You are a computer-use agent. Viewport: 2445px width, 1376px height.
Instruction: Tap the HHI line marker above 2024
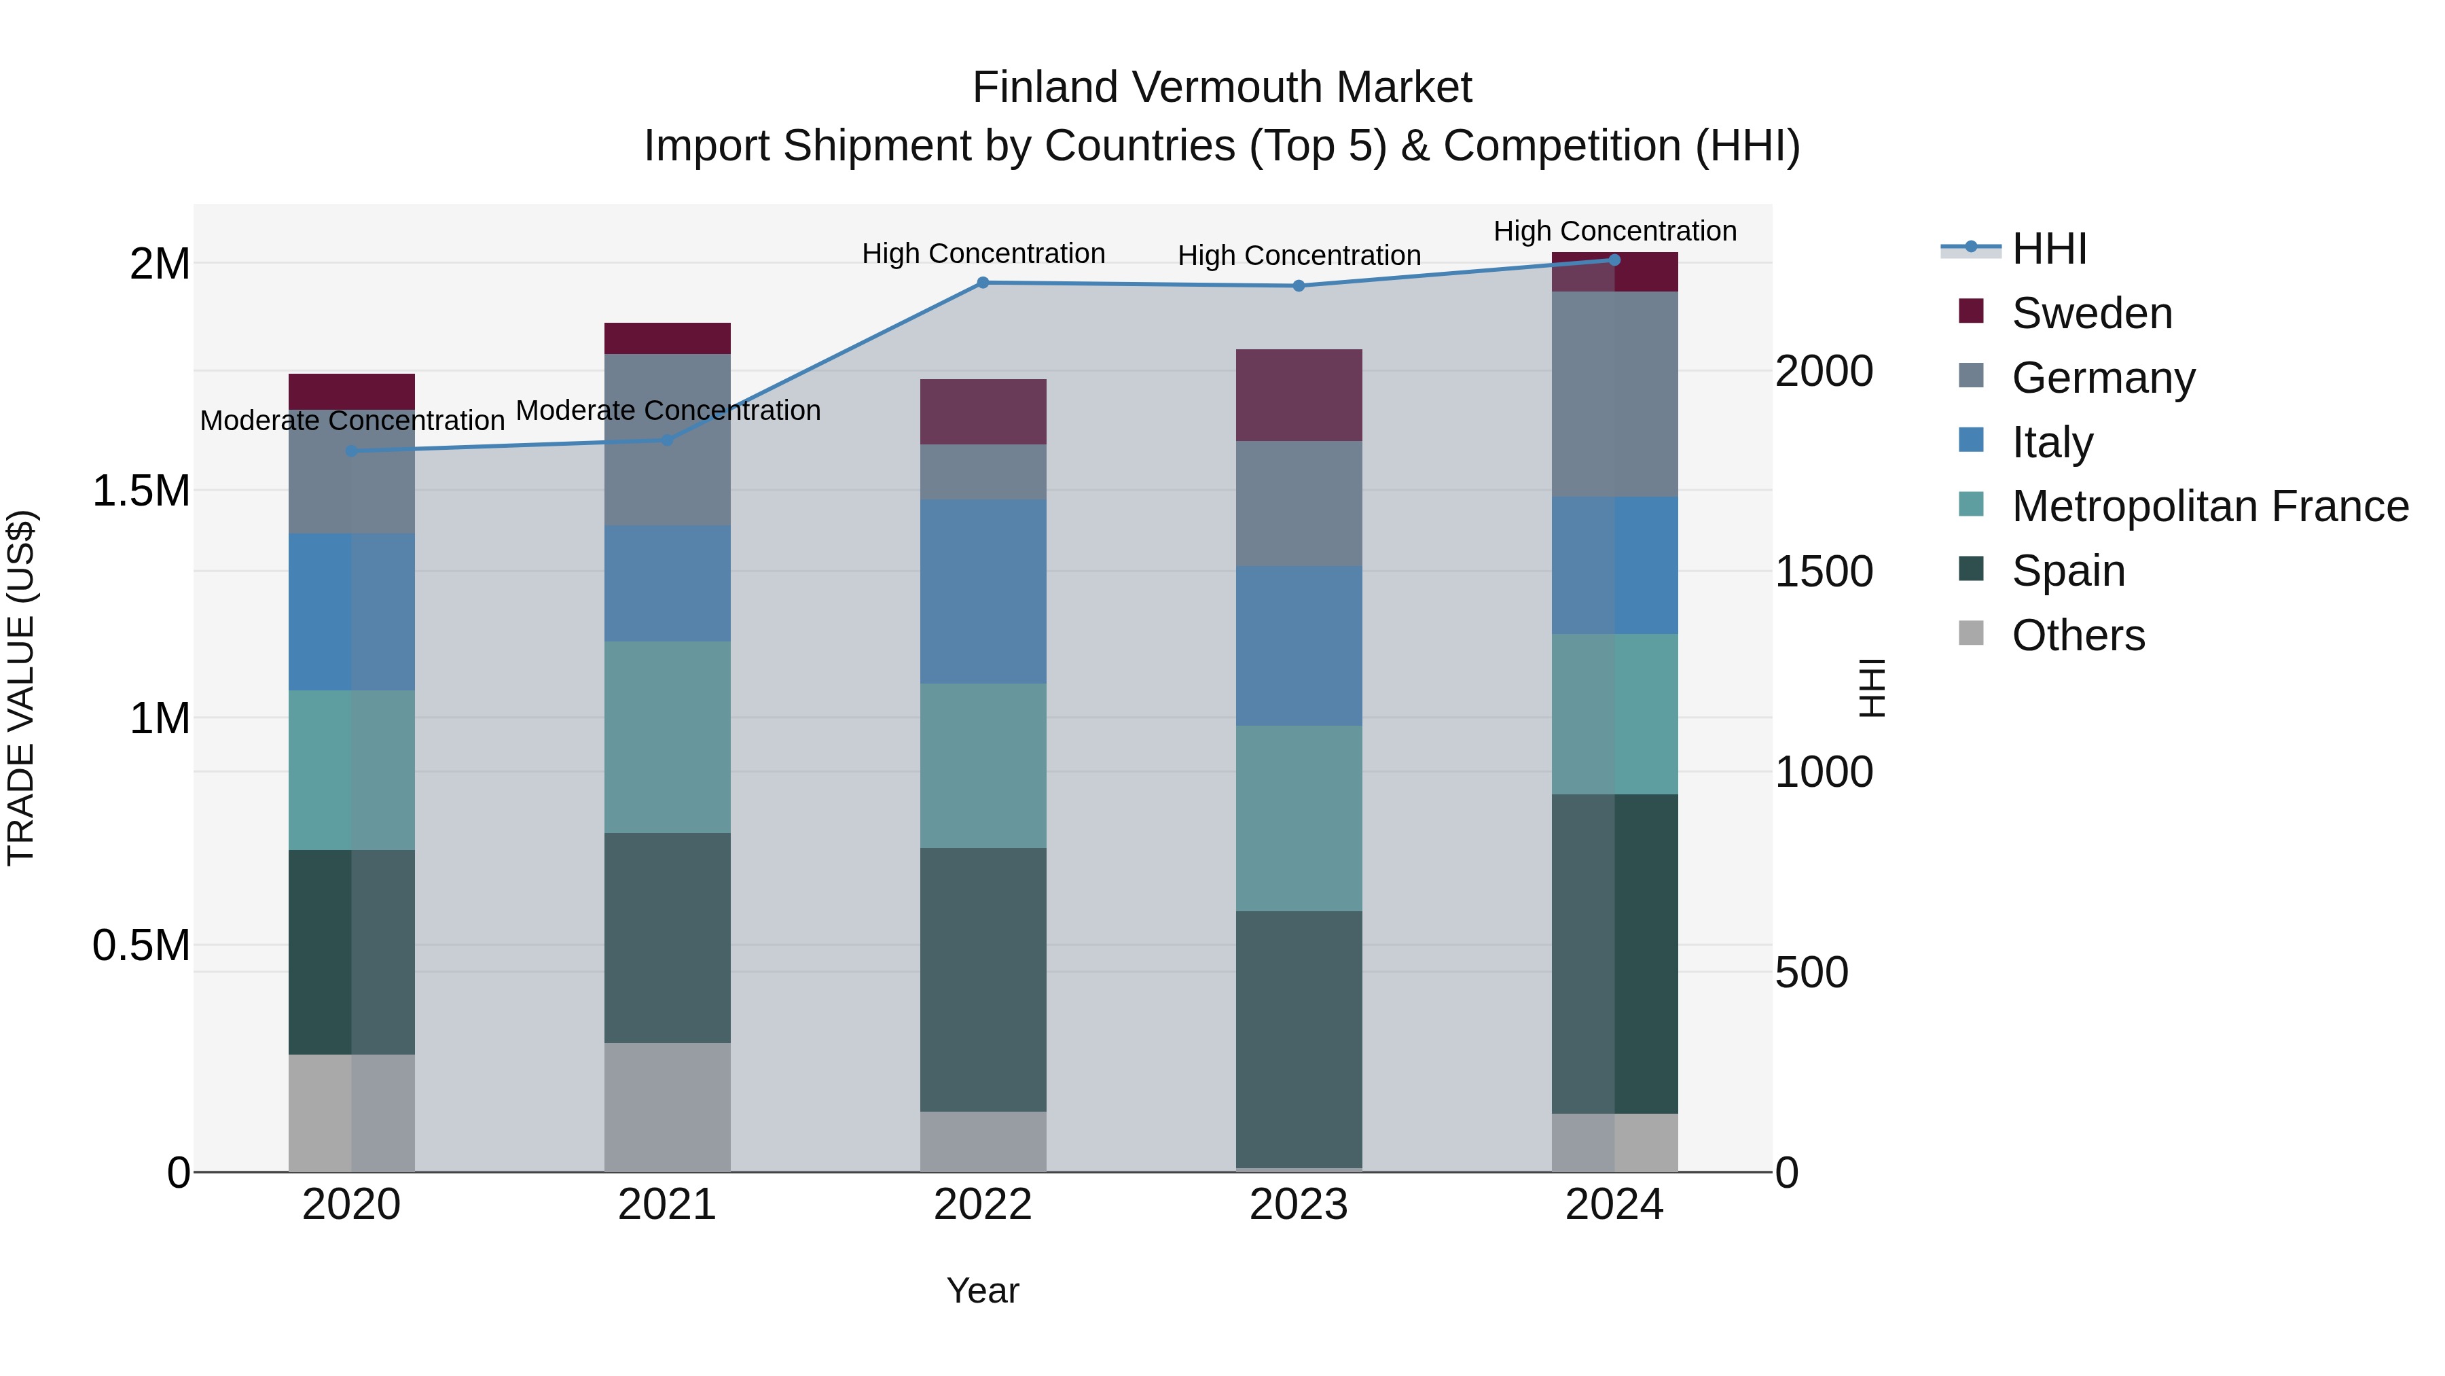click(x=1614, y=260)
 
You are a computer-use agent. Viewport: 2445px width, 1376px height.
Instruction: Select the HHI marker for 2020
click(x=351, y=451)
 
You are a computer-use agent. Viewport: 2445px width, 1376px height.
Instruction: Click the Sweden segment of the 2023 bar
click(x=1299, y=395)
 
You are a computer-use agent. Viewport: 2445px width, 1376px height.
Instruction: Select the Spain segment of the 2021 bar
click(x=667, y=938)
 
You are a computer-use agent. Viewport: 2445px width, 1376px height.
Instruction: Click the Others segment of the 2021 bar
click(x=667, y=1108)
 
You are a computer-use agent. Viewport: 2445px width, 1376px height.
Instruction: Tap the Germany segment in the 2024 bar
click(x=1614, y=394)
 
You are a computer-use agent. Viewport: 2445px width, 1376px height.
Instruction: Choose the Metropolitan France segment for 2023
click(x=1299, y=819)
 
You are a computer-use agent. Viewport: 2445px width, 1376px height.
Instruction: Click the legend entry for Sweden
click(x=2091, y=313)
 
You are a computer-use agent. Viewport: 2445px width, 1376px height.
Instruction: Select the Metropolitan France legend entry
click(x=2209, y=506)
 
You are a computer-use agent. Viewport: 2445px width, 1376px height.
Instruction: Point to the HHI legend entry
click(x=2048, y=249)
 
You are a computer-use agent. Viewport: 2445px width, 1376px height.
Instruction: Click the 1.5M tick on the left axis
click(x=141, y=491)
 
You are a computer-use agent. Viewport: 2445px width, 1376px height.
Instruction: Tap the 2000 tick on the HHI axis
click(x=1824, y=371)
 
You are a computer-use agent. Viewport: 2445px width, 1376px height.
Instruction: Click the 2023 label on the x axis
click(x=1299, y=1205)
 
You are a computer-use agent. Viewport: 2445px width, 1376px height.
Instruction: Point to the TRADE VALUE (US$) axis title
click(x=21, y=688)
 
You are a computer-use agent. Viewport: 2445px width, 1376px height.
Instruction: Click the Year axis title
click(x=982, y=1290)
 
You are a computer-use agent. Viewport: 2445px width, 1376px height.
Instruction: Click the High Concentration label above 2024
click(x=1614, y=231)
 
